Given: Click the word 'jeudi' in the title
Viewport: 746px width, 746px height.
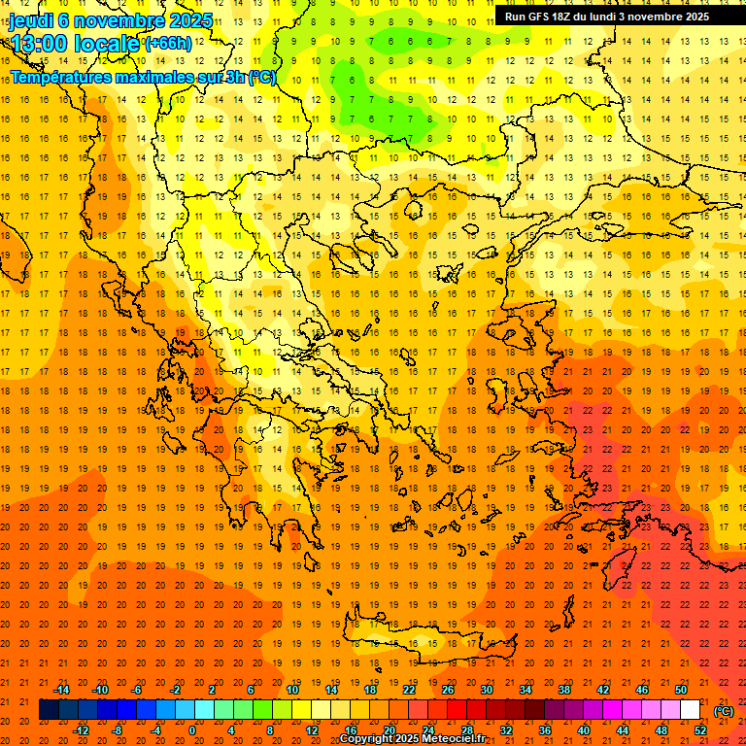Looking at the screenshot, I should [x=31, y=19].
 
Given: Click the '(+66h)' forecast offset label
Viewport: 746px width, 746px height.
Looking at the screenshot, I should [x=168, y=44].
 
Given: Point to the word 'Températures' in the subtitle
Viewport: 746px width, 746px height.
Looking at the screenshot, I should [x=63, y=76].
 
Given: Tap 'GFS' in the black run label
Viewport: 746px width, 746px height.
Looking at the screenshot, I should [x=540, y=17].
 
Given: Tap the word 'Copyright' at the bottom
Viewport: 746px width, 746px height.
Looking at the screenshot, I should [x=366, y=739].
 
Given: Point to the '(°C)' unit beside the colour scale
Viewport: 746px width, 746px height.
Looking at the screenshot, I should [x=724, y=711].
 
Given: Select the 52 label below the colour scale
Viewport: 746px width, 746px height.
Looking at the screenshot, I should [x=700, y=730].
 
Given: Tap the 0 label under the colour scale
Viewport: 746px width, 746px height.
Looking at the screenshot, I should [x=192, y=730].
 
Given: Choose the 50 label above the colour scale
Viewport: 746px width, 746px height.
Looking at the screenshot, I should [x=681, y=690].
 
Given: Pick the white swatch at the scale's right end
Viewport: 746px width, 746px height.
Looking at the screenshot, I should [x=691, y=710].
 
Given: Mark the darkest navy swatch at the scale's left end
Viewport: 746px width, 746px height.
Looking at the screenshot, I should [x=49, y=710].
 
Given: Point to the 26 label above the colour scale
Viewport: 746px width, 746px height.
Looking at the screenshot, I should [x=448, y=690].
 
